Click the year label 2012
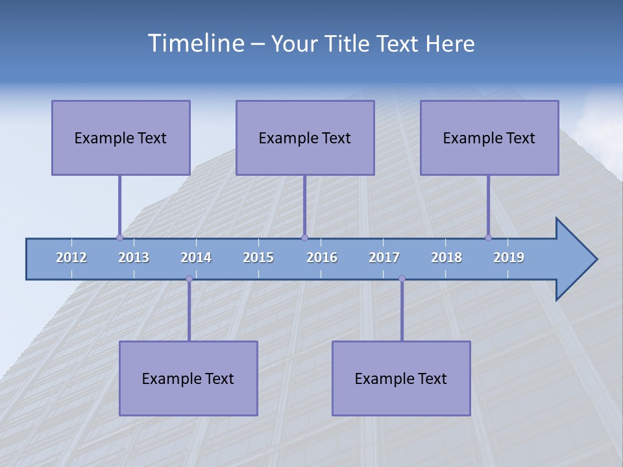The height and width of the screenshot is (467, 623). coord(71,257)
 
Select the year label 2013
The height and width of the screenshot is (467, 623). coord(134,257)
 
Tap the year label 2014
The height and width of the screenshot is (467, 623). coord(196,257)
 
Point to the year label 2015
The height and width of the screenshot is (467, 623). coord(258,257)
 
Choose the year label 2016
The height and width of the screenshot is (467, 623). coord(322,257)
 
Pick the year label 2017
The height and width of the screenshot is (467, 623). coord(384,257)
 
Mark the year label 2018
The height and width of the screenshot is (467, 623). coord(446,257)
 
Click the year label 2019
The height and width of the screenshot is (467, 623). coord(509,257)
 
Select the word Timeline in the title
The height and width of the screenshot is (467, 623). coord(195,43)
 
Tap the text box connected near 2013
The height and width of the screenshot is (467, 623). coord(121,138)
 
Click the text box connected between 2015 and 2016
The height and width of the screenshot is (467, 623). coord(305,138)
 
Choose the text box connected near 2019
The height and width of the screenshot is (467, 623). coord(489,138)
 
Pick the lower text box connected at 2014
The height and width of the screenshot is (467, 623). coord(188,378)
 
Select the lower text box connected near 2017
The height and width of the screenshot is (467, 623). coord(401,378)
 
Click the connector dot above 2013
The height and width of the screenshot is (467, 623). coord(119,237)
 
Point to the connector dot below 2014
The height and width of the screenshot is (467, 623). coord(189,278)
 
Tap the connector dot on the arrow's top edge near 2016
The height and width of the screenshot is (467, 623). coord(304,237)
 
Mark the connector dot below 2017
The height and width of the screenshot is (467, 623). coord(402,278)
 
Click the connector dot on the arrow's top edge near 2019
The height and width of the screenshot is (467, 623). coord(488,237)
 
